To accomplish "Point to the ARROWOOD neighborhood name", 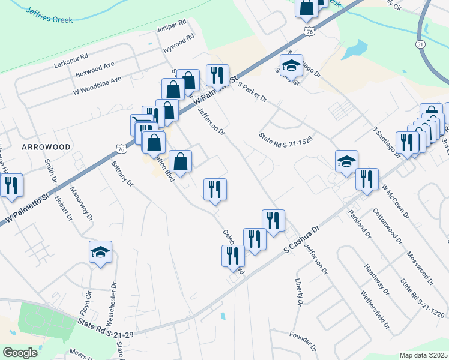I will [x=46, y=146].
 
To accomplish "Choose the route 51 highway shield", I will [x=420, y=45].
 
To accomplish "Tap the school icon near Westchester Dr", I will [x=101, y=253].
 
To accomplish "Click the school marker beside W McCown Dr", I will [x=346, y=161].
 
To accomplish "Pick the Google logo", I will [x=20, y=353].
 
